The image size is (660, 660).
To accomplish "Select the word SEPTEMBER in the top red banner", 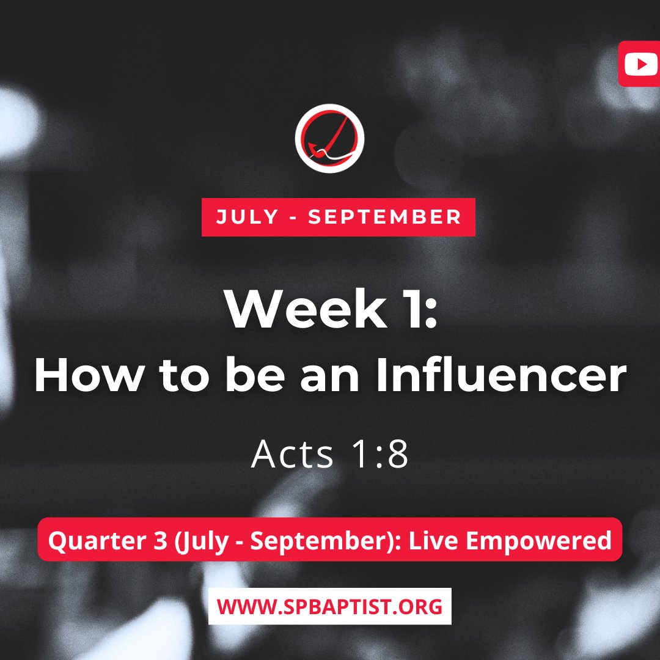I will (384, 217).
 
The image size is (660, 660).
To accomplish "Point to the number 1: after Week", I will (416, 310).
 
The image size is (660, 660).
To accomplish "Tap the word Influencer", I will (501, 376).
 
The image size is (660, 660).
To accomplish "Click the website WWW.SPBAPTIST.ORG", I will (329, 606).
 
